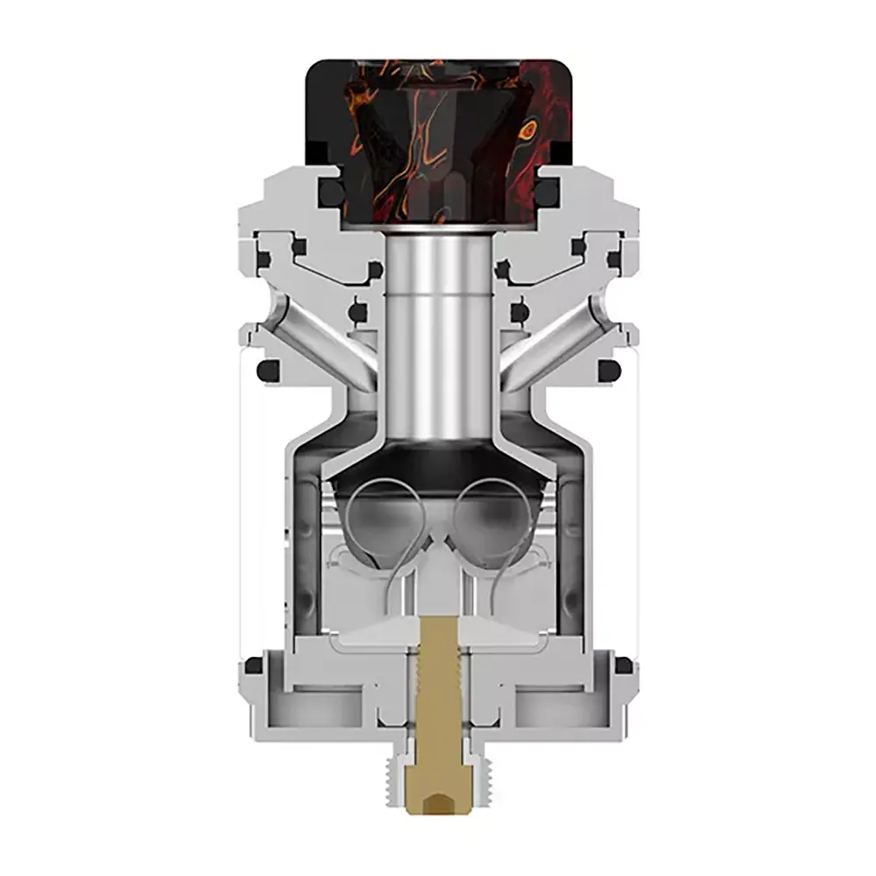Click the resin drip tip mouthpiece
pyautogui.click(x=438, y=140)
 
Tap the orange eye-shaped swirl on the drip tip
pyautogui.click(x=527, y=131)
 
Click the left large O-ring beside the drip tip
pyautogui.click(x=330, y=191)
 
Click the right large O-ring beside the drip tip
pyautogui.click(x=547, y=191)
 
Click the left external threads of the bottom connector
pyautogui.click(x=392, y=771)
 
